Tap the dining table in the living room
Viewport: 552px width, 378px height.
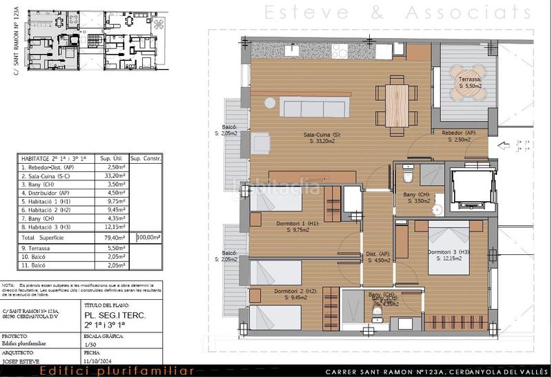coord(395,104)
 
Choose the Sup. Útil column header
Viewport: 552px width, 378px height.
coord(112,158)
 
